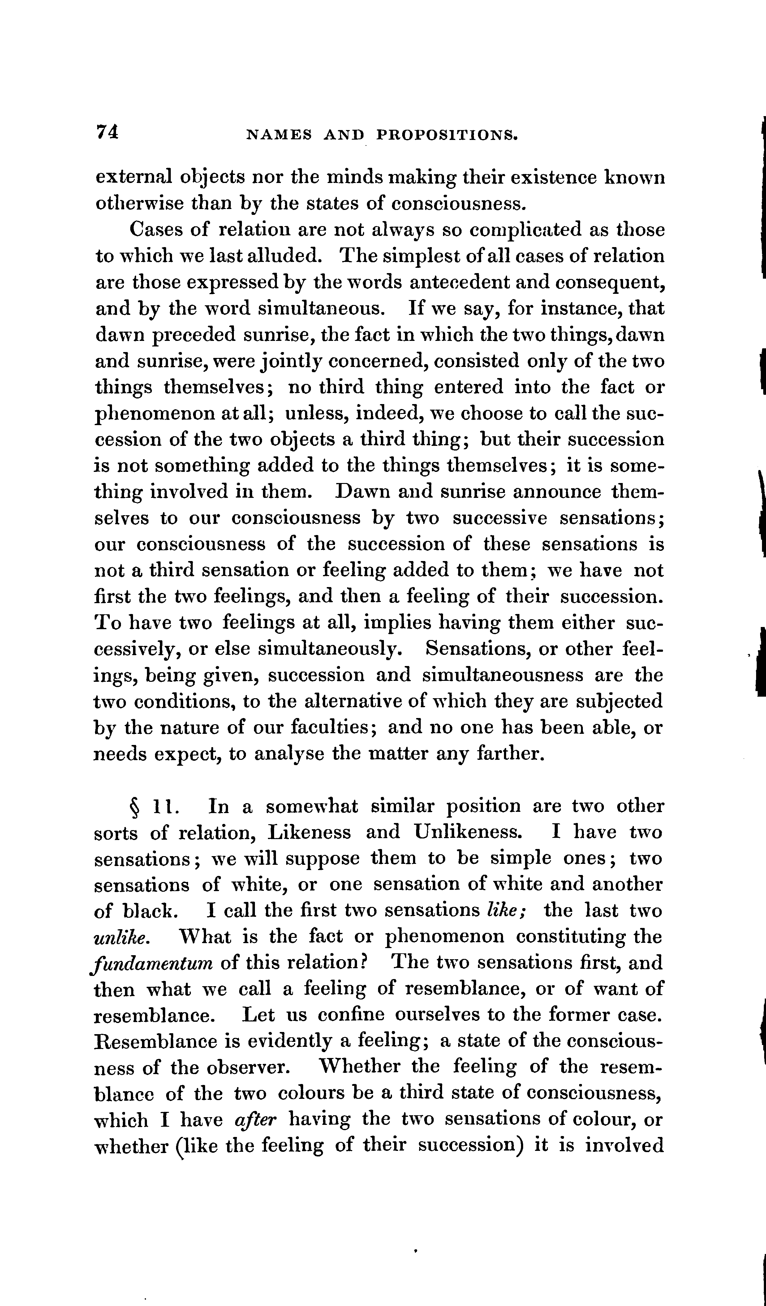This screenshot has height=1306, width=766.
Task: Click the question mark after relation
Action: point(364,963)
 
